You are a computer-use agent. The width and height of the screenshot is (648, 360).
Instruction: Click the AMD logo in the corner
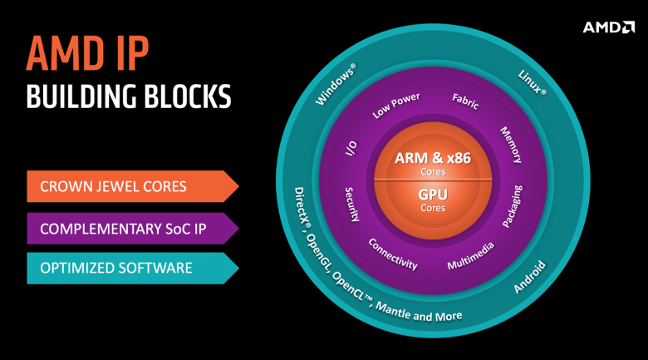(608, 27)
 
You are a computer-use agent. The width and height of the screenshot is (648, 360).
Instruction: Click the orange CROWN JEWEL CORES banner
(133, 186)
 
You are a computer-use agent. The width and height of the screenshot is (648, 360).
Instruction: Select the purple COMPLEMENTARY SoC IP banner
(133, 229)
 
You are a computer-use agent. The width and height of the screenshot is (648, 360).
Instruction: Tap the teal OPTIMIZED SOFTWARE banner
(133, 269)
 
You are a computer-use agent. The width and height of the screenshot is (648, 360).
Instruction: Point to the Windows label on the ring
(336, 84)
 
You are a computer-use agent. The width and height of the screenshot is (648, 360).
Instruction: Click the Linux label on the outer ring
(533, 82)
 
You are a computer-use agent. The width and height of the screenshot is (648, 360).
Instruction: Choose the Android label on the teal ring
(529, 277)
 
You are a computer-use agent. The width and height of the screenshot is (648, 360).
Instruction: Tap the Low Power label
(396, 106)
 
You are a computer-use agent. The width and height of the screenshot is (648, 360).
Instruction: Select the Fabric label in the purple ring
(465, 101)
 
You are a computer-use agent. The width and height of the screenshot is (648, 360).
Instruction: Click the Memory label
(511, 145)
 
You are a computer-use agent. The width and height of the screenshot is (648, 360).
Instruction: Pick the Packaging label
(513, 206)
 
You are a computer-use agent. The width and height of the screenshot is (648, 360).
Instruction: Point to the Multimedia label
(471, 256)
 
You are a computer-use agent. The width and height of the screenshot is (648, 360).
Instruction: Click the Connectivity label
(393, 254)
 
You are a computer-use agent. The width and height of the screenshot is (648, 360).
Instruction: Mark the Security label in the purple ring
(351, 205)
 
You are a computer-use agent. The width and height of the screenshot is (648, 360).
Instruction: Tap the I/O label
(351, 148)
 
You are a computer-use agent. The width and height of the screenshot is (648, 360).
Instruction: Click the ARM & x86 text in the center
(433, 158)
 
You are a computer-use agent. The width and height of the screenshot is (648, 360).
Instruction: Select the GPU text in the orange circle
(433, 194)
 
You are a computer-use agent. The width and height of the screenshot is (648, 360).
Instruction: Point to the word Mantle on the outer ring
(393, 310)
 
